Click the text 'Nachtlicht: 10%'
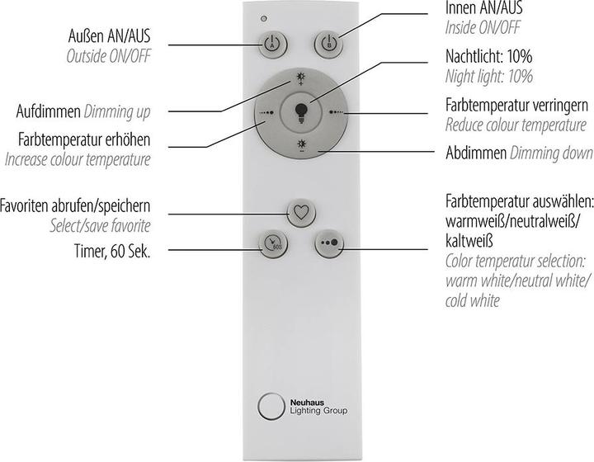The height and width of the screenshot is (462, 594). coord(488,59)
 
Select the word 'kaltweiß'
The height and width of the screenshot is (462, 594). coord(469,241)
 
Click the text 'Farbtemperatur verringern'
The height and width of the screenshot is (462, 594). coord(516,107)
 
